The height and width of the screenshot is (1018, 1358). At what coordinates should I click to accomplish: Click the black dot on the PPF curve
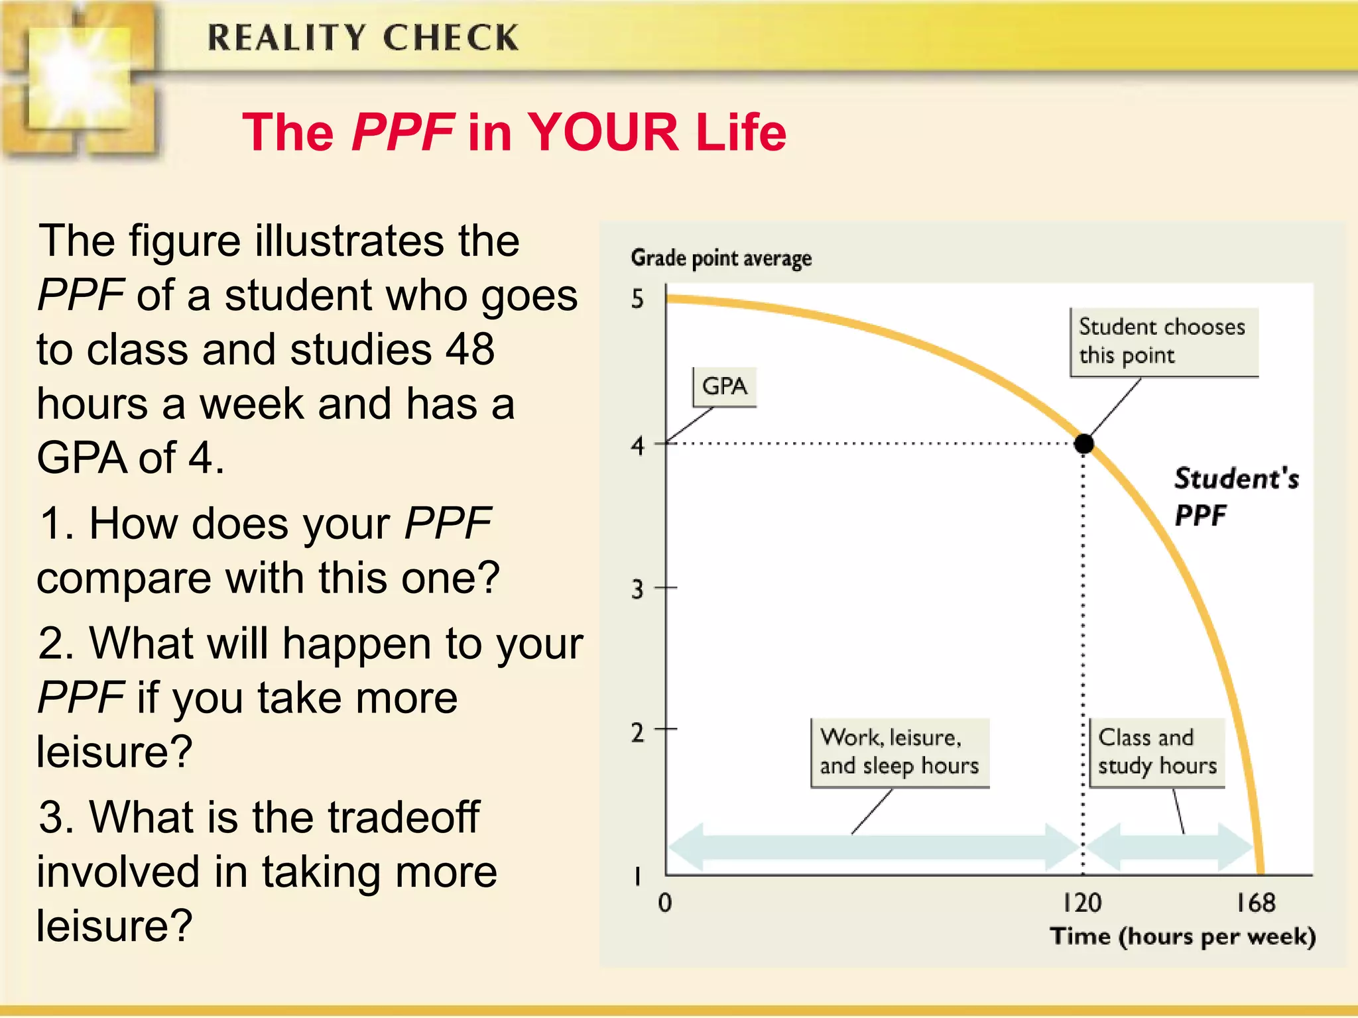click(1083, 443)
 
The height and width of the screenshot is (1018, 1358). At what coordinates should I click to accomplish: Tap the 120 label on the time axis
click(1082, 903)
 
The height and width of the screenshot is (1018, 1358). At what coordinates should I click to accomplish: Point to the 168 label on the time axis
click(1255, 903)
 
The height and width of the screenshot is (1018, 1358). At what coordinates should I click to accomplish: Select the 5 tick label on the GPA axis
click(637, 300)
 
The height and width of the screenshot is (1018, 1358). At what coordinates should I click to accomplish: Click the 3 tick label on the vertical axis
click(637, 589)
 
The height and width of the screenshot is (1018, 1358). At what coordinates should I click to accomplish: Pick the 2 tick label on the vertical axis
click(637, 732)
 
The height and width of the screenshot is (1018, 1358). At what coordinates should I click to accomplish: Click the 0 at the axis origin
click(665, 903)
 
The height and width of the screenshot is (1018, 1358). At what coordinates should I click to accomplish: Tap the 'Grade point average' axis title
click(721, 258)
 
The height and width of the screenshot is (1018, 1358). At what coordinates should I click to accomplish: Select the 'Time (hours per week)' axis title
click(1183, 936)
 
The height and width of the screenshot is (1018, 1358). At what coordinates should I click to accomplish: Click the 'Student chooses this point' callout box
click(1164, 342)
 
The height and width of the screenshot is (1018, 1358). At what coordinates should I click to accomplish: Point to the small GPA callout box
click(724, 386)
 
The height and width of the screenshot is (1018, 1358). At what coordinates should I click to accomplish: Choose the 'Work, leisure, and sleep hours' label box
click(899, 752)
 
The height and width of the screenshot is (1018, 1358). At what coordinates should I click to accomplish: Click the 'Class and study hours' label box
click(1157, 752)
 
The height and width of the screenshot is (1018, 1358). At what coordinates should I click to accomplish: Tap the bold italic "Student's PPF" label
click(1235, 496)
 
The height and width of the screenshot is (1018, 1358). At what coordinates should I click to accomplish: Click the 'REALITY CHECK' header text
click(363, 38)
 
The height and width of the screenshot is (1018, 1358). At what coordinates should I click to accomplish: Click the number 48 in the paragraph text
click(469, 349)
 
